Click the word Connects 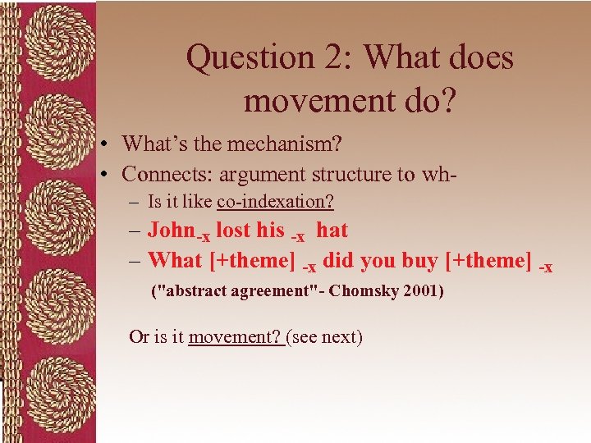tap(161, 174)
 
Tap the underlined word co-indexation tap(275, 201)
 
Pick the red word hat tap(332, 231)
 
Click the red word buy tap(419, 261)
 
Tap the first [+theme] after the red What tap(253, 261)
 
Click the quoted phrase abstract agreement tap(242, 291)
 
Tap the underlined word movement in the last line tap(235, 336)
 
